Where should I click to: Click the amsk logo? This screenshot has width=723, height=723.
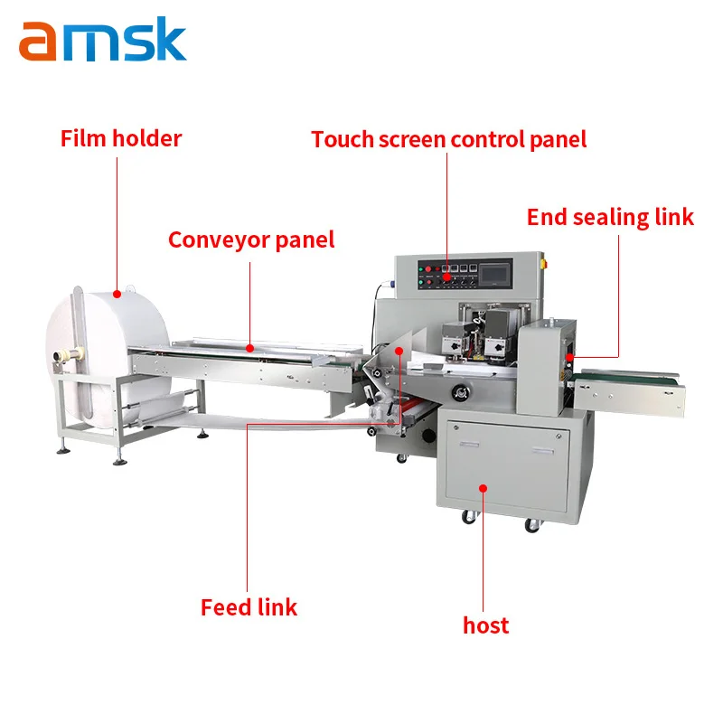pos(102,40)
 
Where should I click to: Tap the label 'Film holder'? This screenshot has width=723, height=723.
pos(121,138)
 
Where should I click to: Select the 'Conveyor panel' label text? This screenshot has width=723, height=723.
pos(251,239)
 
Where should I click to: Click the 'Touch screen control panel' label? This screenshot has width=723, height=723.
pos(449,139)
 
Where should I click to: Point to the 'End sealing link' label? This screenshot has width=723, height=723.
pos(610,217)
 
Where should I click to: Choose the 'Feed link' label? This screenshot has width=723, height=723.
pos(249,607)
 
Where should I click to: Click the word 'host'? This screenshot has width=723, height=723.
pos(485,624)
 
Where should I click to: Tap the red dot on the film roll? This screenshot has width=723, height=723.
pos(117,294)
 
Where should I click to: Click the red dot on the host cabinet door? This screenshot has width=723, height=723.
pos(484,488)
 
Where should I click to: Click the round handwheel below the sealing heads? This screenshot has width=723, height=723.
pos(462,391)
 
